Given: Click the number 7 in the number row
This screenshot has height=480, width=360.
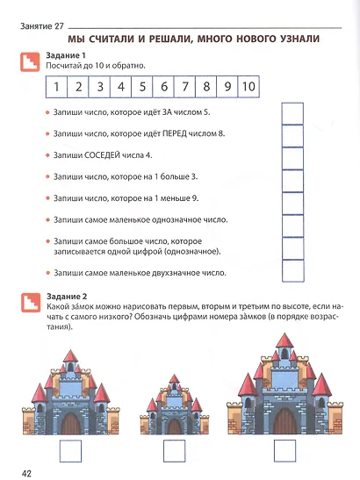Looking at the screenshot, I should (184, 87).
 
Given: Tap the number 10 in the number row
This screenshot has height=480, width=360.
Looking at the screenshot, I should (248, 87).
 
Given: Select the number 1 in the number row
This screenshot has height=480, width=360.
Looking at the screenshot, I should (55, 87).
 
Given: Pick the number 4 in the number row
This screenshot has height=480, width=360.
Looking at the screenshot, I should (119, 87).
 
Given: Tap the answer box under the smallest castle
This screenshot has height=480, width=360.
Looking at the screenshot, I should (179, 451).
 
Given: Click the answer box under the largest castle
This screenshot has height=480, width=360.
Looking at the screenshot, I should (285, 451).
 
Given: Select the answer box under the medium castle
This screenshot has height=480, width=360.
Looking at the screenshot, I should (70, 451).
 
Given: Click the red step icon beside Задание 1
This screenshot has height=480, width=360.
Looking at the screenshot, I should (29, 61).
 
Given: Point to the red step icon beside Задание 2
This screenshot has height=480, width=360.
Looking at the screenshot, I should (29, 302).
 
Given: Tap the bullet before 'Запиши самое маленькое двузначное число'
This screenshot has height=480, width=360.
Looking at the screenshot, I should (47, 273).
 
